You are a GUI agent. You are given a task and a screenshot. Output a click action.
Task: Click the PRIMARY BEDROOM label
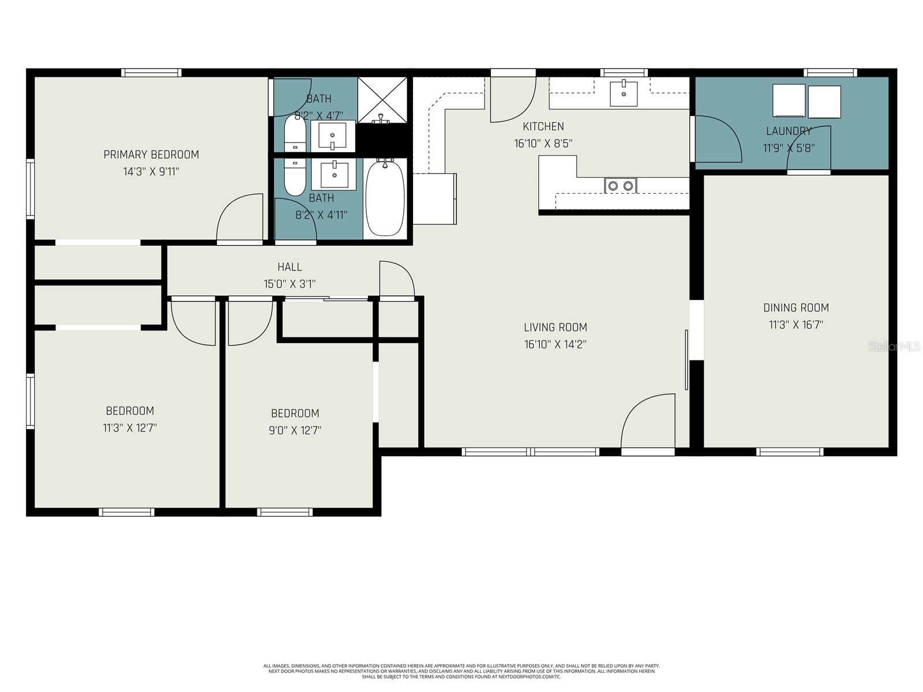coord(151,155)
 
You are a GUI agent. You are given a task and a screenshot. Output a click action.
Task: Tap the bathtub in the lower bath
coord(385,198)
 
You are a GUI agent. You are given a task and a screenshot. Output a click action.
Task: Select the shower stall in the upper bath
coord(382,100)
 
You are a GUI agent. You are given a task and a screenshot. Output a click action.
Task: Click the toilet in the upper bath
coord(295,133)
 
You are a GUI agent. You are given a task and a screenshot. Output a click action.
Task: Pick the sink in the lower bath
coord(333,175)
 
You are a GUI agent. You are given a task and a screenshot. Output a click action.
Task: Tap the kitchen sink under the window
coord(624,94)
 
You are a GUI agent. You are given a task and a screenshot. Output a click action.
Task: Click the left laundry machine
coord(789,102)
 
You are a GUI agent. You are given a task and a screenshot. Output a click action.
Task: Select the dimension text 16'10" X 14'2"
coord(555,345)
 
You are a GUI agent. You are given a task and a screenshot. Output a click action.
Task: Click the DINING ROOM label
coord(796,308)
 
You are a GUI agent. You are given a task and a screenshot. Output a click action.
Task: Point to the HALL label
coord(290,267)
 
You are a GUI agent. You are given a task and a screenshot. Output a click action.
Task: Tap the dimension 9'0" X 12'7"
coord(295,430)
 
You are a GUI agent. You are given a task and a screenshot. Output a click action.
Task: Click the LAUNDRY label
coord(789,131)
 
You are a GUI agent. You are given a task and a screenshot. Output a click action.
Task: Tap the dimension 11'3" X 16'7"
coord(796,325)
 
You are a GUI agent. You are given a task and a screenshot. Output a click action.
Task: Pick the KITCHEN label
coord(543,126)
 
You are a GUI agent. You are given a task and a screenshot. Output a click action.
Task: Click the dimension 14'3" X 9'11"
coord(151,172)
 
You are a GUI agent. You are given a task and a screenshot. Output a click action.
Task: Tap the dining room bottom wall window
coord(790,452)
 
